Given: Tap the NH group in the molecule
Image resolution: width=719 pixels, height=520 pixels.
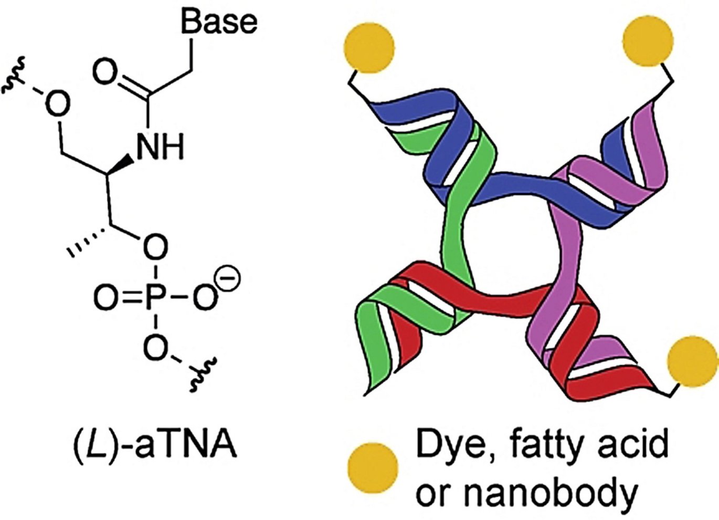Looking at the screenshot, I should point(160,146).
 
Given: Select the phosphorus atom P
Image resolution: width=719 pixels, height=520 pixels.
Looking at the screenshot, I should point(154,298).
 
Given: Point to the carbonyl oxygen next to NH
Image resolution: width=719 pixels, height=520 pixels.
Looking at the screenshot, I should point(105,73).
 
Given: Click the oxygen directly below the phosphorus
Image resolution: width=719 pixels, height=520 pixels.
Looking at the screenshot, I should point(154,347).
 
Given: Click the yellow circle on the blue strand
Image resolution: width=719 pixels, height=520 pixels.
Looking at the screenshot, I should point(369,48).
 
